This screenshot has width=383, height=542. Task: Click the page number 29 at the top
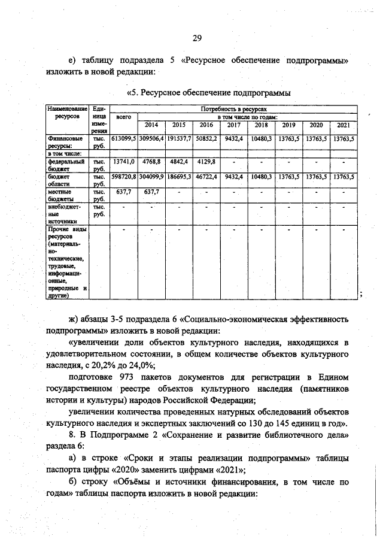tap(196, 39)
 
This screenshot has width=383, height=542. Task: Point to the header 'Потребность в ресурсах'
tap(234, 109)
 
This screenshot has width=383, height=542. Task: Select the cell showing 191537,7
tap(179, 138)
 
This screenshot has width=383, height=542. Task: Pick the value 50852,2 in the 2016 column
tap(206, 138)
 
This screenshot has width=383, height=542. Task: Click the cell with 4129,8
tap(206, 161)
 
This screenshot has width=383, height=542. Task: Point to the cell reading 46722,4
tap(206, 177)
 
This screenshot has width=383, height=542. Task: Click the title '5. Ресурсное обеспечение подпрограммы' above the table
tap(209, 93)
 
